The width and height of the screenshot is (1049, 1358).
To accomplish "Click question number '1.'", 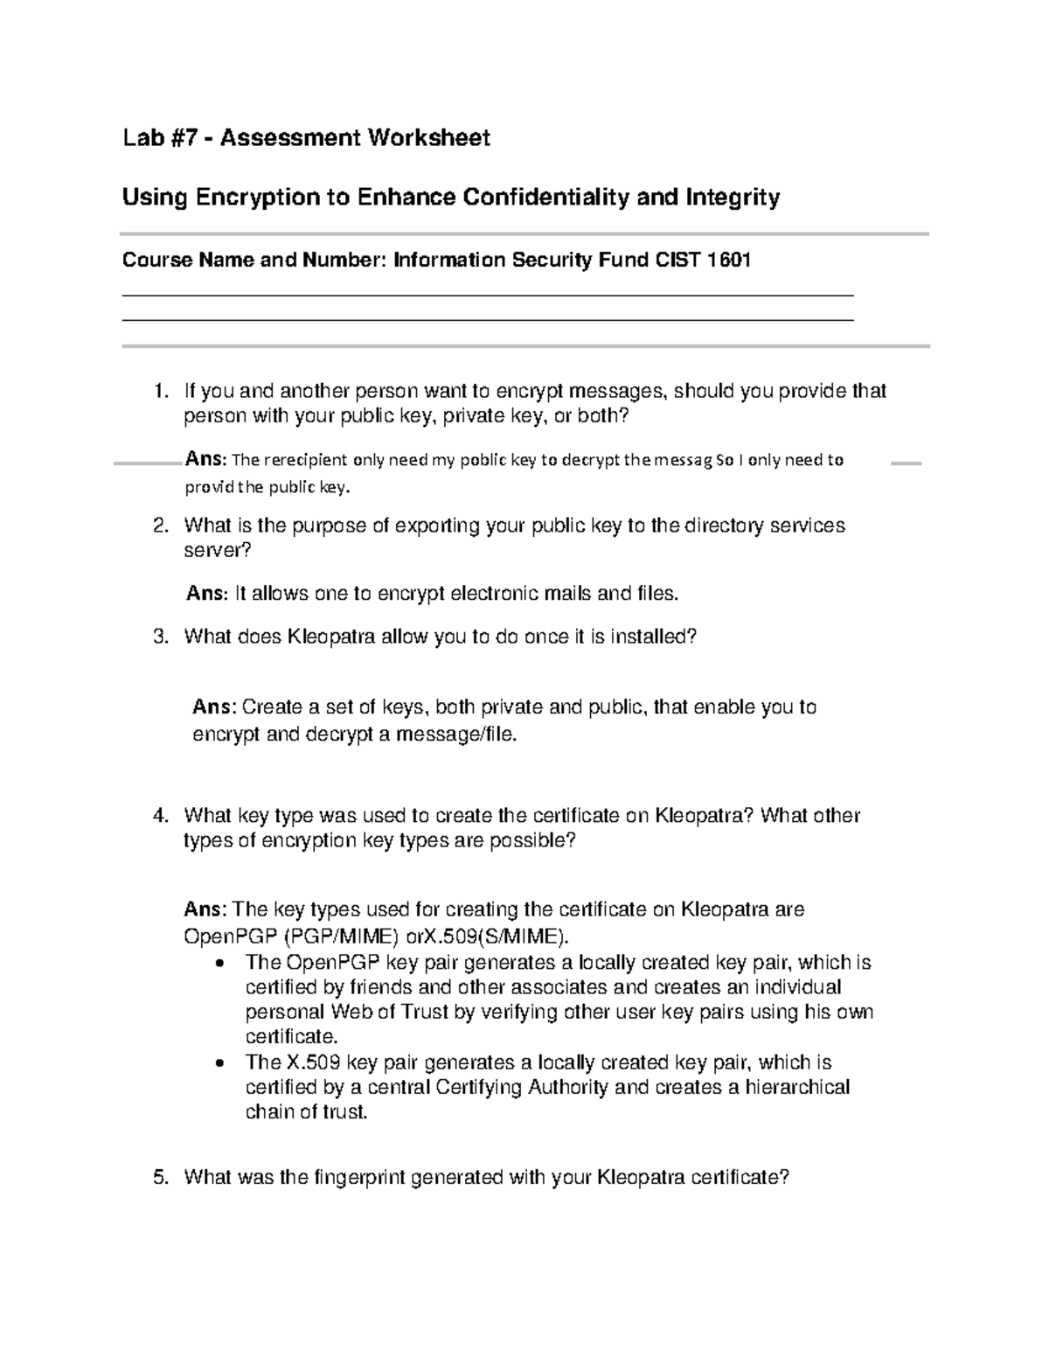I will [160, 391].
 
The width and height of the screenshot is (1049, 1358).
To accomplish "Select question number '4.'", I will [160, 816].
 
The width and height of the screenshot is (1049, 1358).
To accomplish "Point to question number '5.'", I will [160, 1178].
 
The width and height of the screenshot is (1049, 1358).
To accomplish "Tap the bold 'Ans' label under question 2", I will [205, 594].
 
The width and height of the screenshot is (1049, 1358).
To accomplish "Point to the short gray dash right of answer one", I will [906, 463].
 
